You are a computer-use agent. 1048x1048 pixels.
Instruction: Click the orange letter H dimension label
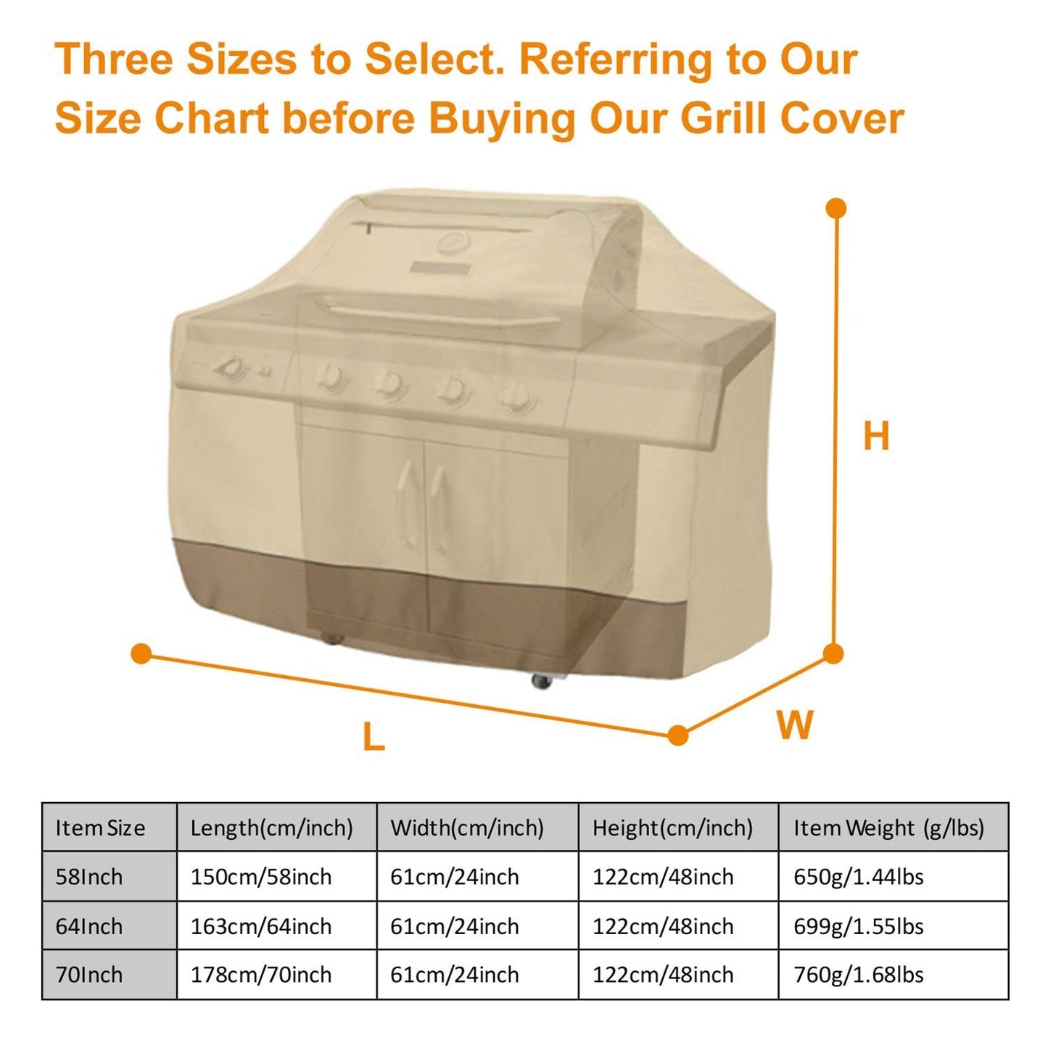(876, 436)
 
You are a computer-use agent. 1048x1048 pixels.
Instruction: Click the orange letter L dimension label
(374, 738)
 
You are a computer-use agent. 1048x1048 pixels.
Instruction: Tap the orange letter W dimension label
(795, 725)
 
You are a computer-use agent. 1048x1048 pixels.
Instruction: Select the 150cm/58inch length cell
(261, 877)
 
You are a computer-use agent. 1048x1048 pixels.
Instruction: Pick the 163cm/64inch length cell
(261, 926)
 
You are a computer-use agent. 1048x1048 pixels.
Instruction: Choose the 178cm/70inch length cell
(261, 975)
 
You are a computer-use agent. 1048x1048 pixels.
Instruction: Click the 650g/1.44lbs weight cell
(859, 877)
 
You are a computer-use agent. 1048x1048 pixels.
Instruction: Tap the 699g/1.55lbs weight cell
(859, 926)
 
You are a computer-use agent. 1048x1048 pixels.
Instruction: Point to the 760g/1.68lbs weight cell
(859, 975)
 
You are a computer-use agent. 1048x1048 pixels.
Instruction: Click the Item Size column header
(100, 828)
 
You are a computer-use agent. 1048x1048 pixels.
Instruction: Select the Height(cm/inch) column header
(672, 828)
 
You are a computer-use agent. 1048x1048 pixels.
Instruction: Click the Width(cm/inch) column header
(467, 828)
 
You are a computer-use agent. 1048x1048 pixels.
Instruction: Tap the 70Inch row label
(89, 975)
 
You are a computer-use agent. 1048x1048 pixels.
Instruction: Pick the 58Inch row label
(89, 877)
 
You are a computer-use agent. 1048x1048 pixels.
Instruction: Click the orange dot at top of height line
(836, 209)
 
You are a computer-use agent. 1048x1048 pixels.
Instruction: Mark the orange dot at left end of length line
(141, 653)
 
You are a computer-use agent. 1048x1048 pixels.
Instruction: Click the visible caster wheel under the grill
(541, 681)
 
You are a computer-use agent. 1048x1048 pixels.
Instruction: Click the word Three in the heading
(114, 59)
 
